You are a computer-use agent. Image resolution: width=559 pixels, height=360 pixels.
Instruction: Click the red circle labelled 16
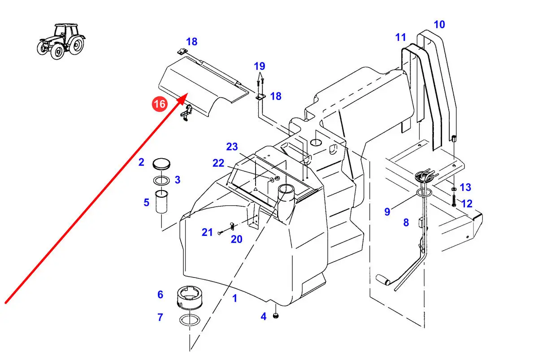coord(160,104)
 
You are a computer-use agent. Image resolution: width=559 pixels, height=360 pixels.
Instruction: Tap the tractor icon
coord(61,41)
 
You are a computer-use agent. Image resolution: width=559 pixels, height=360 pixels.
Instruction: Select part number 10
coord(439,25)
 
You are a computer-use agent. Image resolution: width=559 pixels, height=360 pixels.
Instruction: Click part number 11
coord(400,38)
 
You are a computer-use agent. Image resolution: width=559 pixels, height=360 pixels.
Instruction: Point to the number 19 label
coord(259,66)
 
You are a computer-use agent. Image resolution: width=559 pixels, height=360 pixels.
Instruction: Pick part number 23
coord(232,147)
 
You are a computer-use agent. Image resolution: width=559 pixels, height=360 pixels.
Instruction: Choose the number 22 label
coord(218,163)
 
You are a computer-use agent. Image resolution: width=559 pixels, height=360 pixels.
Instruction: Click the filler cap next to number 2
coord(161,164)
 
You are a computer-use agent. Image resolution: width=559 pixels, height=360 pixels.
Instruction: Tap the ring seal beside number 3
coord(161,180)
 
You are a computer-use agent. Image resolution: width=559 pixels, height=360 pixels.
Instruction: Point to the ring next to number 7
coord(190,320)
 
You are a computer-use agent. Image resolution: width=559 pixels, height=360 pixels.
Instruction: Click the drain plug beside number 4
coord(276,316)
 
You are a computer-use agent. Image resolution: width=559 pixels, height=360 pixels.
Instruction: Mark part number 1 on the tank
coord(234,298)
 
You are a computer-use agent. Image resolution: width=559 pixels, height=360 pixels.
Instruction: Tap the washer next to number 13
coord(454,189)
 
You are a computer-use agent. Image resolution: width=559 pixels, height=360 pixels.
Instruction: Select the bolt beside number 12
coord(454,200)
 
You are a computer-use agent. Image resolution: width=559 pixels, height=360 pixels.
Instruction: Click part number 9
coord(387,212)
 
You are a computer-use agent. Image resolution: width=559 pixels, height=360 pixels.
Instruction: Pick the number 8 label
coord(406,222)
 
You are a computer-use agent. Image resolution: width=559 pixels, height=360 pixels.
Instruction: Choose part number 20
coord(236,239)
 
